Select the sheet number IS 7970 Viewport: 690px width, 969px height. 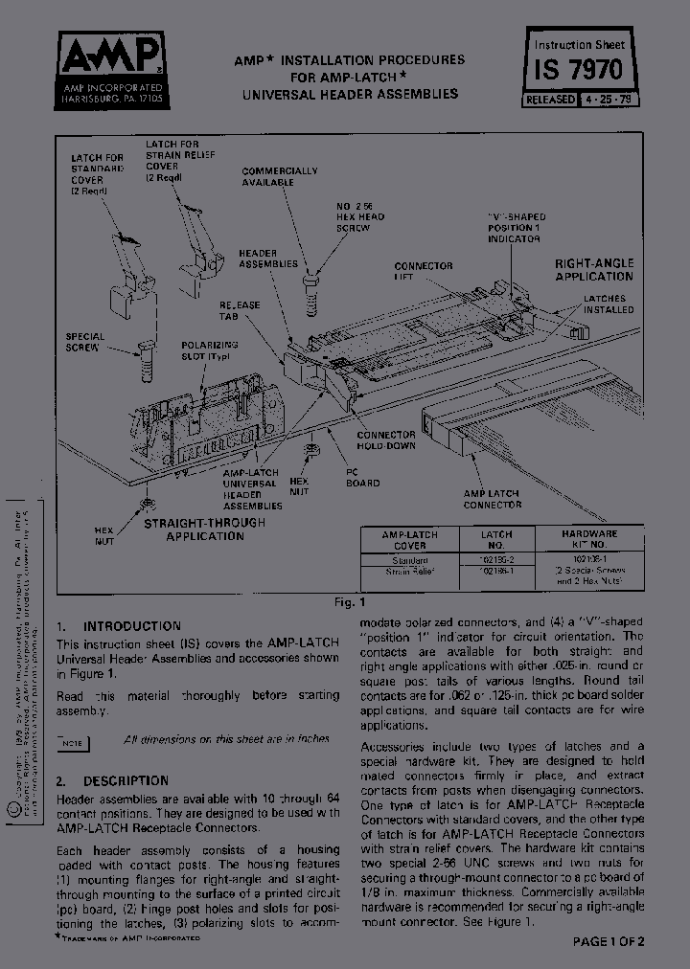pyautogui.click(x=580, y=70)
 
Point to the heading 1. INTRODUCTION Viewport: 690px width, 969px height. pyautogui.click(x=118, y=625)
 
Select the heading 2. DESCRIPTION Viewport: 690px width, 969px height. pyautogui.click(x=112, y=780)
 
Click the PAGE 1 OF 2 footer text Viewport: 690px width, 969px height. pyautogui.click(x=609, y=942)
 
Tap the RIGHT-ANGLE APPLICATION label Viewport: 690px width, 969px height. pyautogui.click(x=594, y=269)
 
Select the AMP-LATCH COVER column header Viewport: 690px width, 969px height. pyautogui.click(x=410, y=539)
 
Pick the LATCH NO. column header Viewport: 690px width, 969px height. pyautogui.click(x=496, y=539)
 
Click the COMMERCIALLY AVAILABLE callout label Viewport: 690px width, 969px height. pyautogui.click(x=280, y=176)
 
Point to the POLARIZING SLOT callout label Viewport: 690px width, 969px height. pyautogui.click(x=209, y=349)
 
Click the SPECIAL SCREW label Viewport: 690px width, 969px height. pyautogui.click(x=85, y=342)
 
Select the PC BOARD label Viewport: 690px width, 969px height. pyautogui.click(x=362, y=477)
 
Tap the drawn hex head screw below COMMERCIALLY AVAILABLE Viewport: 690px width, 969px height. pyautogui.click(x=310, y=294)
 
